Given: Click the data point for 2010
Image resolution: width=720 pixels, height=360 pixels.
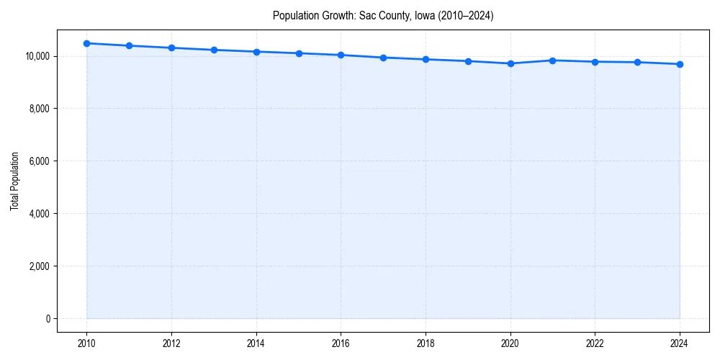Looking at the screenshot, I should tap(86, 43).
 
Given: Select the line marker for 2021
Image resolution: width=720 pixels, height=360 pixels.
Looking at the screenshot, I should tap(552, 60).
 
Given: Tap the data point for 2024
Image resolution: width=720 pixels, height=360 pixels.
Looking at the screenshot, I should tap(680, 64).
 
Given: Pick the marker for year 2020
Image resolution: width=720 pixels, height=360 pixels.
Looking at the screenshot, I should tap(510, 63).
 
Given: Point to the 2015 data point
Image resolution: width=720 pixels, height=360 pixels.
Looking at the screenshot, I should tap(299, 53).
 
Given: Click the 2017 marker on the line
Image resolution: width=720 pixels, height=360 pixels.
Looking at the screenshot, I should tap(383, 58).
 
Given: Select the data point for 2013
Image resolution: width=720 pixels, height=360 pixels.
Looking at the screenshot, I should tap(214, 50).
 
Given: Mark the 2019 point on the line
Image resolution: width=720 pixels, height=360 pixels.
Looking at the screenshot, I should tap(468, 61).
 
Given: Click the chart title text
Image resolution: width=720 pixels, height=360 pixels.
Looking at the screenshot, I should tap(383, 15).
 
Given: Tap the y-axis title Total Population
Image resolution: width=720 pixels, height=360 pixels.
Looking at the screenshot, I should tap(14, 181).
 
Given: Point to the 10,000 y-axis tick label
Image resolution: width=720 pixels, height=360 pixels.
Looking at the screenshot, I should tap(37, 56).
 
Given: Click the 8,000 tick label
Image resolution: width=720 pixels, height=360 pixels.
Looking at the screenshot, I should tap(39, 109).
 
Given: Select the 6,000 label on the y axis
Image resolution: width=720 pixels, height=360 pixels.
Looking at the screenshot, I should tap(39, 161).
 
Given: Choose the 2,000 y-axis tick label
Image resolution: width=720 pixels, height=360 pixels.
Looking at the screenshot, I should tap(39, 266).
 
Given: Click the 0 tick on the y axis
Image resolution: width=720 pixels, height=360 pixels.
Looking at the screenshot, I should tap(48, 319).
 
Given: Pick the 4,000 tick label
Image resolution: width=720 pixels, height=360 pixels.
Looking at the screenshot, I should tap(39, 214).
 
